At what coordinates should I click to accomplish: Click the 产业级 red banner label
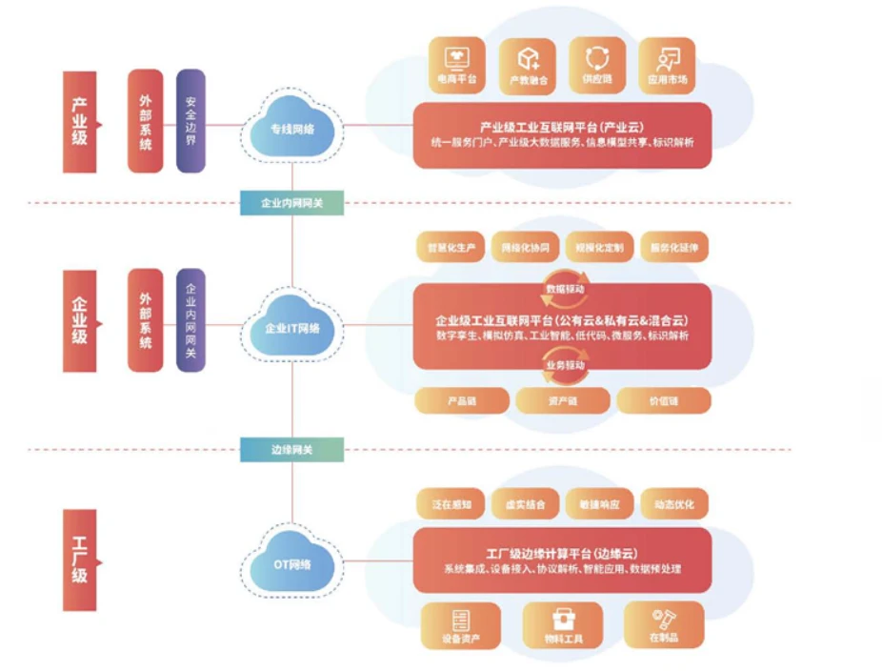80,121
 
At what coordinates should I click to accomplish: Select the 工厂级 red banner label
80,560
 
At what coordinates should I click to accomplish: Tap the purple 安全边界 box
190,121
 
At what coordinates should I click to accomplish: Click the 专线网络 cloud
292,127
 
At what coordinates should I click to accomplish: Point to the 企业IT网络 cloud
292,327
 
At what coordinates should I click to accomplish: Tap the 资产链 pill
562,400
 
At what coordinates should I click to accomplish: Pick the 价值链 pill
663,400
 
